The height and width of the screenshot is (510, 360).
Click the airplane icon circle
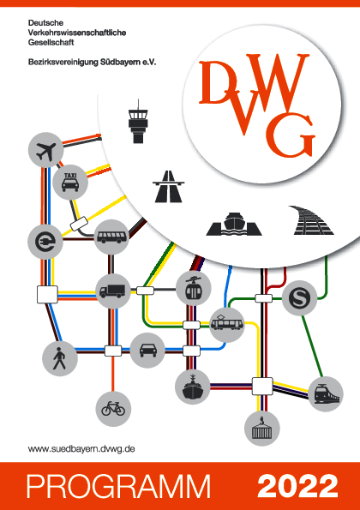45,150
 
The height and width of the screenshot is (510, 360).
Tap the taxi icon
70,182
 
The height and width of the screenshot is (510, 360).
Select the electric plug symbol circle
45,242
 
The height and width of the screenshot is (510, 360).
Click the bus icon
111,237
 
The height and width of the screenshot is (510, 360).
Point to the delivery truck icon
112,291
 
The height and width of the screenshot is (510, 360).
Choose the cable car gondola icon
194,289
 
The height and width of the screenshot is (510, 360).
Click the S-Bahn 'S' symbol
299,298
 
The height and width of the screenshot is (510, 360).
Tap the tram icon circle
227,325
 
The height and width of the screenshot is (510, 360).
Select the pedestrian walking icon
60,358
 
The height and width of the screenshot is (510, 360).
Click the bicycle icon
113,409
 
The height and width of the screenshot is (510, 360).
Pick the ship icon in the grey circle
193,387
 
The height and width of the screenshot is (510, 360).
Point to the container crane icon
261,428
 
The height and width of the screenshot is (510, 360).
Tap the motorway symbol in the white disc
169,187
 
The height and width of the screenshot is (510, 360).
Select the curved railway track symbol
311,220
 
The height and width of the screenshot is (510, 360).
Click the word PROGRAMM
118,486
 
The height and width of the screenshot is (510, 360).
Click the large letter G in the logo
291,135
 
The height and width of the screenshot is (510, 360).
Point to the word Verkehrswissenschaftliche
77,33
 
